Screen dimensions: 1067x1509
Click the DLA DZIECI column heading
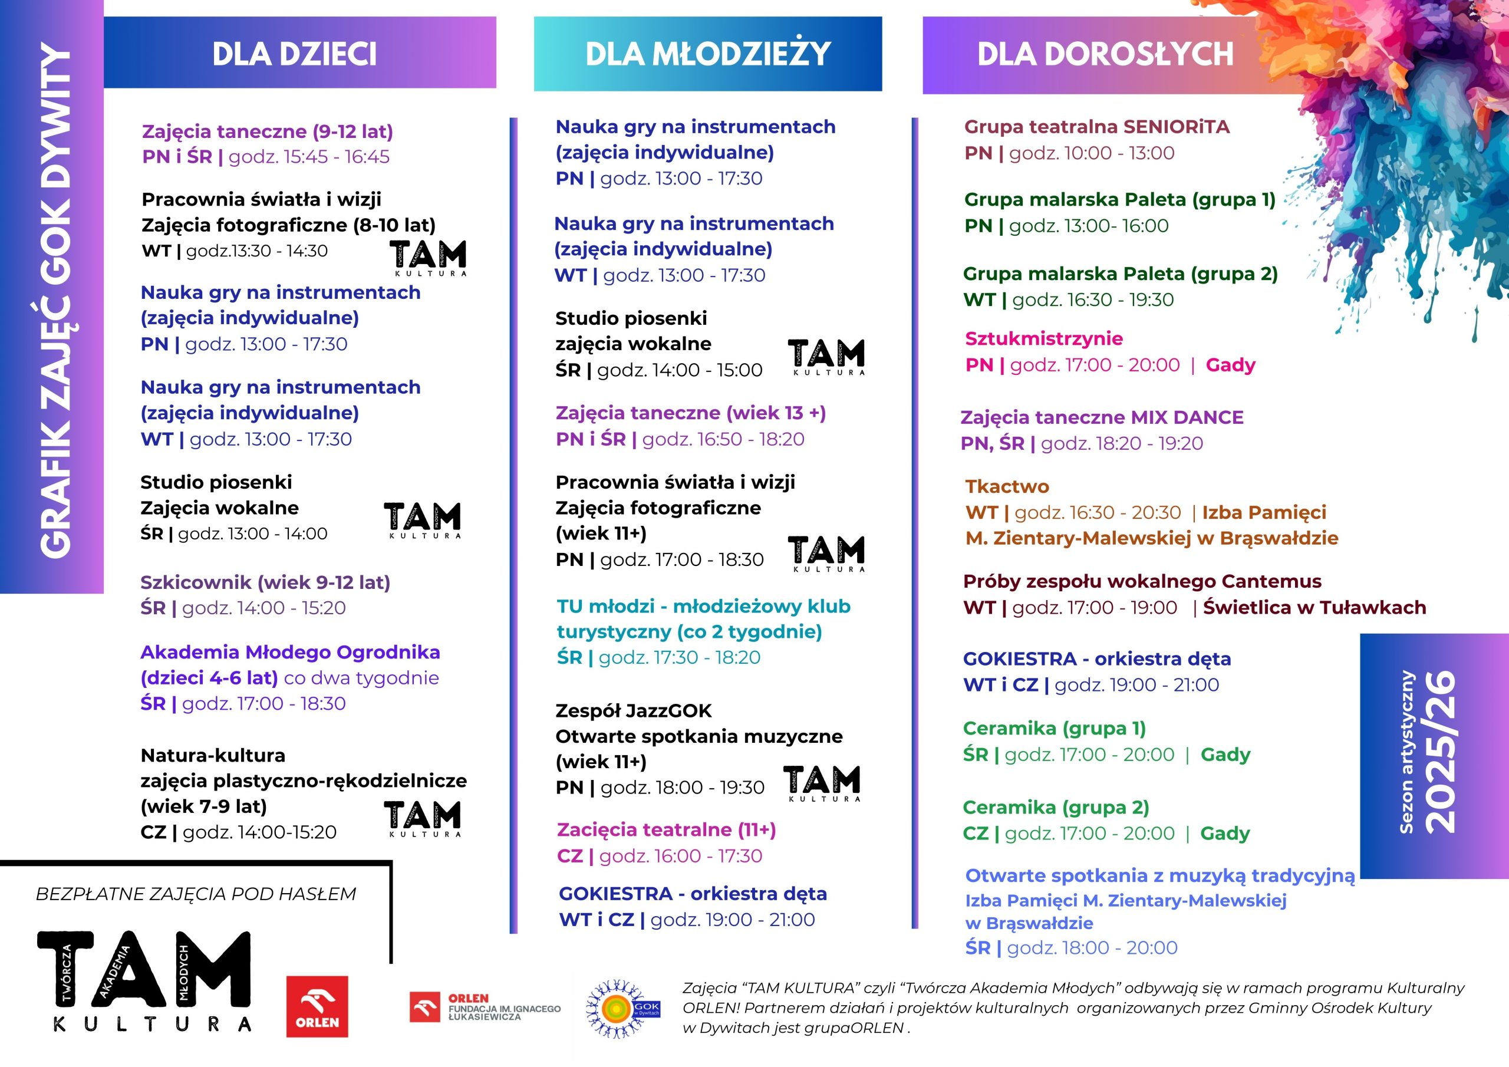[295, 54]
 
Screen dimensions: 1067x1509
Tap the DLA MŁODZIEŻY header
[708, 54]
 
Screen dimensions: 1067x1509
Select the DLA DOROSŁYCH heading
[1105, 54]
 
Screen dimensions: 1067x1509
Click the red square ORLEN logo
[317, 1006]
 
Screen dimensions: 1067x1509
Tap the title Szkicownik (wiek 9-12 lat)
[265, 582]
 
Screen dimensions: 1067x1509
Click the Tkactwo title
[1007, 486]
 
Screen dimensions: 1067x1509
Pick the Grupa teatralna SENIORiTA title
[1096, 127]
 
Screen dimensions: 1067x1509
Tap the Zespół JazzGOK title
[634, 711]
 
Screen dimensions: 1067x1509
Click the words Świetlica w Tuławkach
[1314, 607]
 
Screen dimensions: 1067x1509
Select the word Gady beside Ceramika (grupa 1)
[1225, 755]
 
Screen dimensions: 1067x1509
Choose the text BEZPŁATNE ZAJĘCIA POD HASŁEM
[196, 894]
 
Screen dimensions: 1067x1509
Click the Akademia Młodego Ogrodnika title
[290, 652]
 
